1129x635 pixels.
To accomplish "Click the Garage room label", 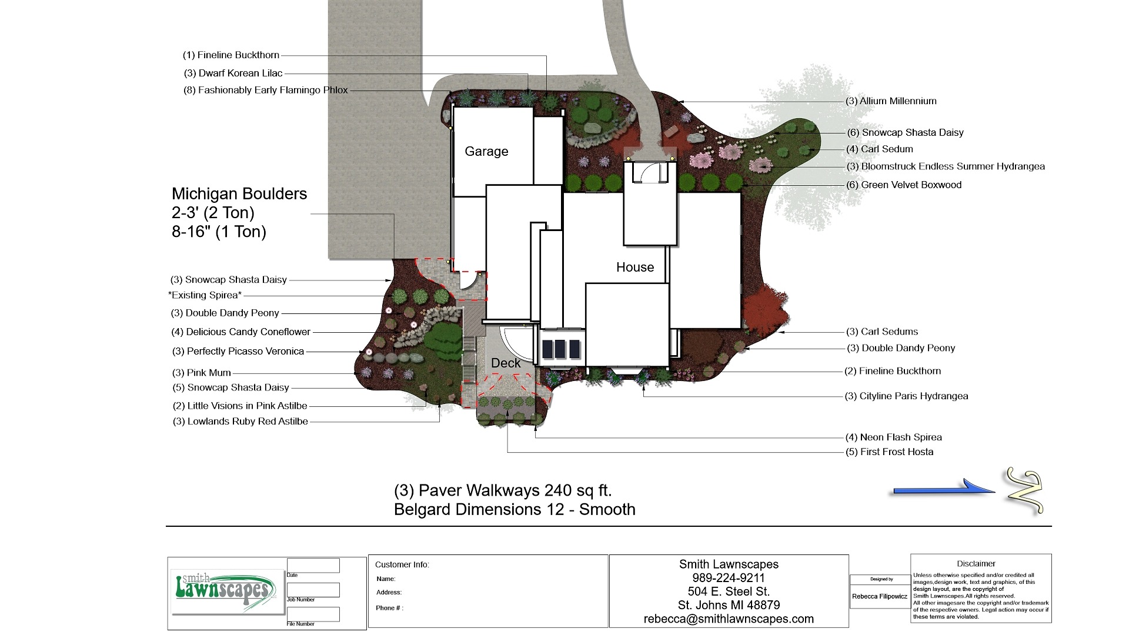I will [486, 152].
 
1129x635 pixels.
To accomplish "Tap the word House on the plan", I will [635, 268].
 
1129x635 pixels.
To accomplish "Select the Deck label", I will [506, 363].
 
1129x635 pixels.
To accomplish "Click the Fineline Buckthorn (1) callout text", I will [231, 55].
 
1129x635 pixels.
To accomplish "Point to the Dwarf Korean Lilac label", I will [233, 73].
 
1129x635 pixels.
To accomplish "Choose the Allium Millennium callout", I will [891, 101].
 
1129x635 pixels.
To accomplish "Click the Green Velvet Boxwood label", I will [904, 185].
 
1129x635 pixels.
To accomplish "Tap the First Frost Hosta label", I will [890, 452].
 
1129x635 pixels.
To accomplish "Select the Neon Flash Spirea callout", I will [894, 437].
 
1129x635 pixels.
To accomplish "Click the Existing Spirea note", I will [205, 295].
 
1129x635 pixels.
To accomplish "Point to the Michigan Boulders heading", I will [239, 194].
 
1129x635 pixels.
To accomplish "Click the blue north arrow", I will [941, 488].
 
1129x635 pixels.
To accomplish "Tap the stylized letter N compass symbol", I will [1024, 491].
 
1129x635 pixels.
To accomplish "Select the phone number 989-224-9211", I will [729, 578].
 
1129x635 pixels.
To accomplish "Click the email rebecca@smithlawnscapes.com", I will [729, 619].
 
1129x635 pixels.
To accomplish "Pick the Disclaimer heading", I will [976, 564].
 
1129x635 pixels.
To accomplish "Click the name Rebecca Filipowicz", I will [880, 596].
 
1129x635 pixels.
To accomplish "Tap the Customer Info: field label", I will [402, 565].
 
